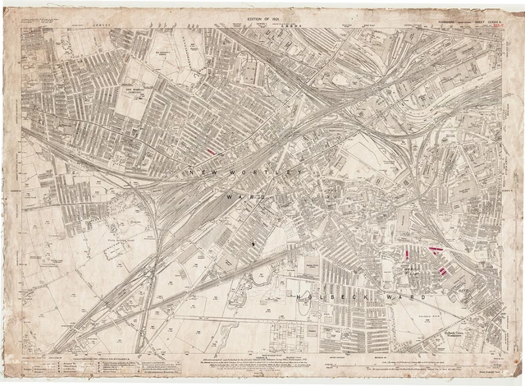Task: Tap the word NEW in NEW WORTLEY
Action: coord(201,173)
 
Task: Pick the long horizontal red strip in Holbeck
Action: coord(434,248)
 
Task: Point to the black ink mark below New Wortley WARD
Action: coord(253,243)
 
